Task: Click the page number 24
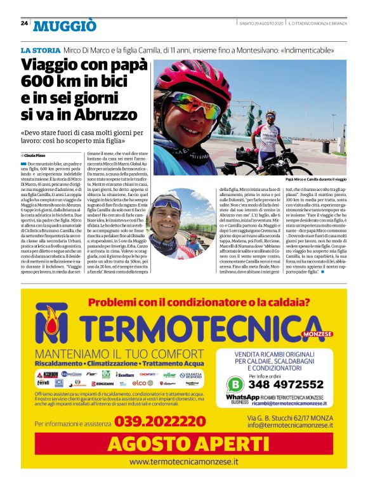[24, 23]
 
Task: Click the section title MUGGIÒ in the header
[65, 25]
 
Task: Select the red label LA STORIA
[41, 50]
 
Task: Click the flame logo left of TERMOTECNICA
[56, 324]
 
